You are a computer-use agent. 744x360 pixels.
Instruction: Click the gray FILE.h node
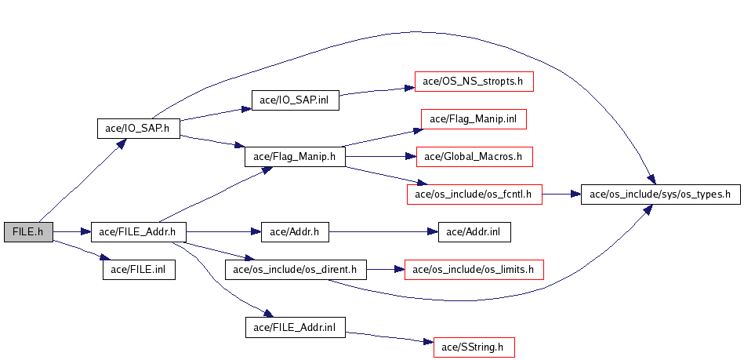coord(28,232)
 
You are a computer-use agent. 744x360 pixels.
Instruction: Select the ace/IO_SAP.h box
coord(138,129)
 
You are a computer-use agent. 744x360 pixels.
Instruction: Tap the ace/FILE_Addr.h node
coord(139,232)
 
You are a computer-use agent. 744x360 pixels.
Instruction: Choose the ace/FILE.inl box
coord(139,270)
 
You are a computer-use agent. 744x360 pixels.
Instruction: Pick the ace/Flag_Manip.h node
coord(295,156)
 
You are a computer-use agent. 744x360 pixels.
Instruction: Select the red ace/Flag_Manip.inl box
coord(474,119)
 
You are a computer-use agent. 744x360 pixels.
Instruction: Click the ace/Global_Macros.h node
coord(474,156)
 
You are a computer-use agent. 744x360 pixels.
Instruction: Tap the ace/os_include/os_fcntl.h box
coord(474,194)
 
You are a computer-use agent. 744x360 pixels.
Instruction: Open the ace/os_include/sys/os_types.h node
coord(659,194)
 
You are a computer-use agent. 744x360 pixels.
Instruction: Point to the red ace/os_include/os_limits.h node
coord(474,270)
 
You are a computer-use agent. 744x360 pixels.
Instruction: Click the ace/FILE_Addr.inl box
coord(295,327)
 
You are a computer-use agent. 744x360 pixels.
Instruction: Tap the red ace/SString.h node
coord(474,346)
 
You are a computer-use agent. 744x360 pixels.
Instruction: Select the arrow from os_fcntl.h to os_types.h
coord(561,194)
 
